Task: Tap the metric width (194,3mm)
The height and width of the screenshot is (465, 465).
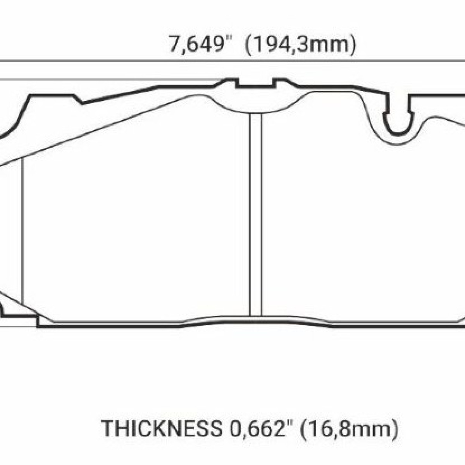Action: point(300,45)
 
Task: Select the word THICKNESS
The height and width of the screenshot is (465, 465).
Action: point(162,429)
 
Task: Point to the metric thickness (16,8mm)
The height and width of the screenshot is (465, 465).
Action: point(349,429)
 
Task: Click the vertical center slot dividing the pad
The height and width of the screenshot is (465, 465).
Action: point(255,215)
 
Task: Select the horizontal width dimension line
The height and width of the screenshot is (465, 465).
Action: point(232,60)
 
